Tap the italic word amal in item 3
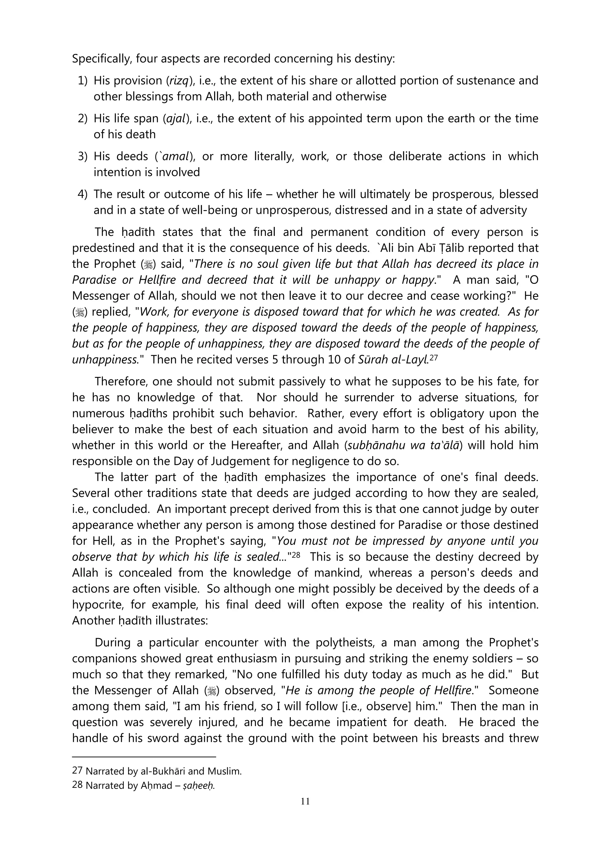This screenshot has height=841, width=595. (x=177, y=156)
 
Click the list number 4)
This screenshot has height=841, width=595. (x=82, y=194)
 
